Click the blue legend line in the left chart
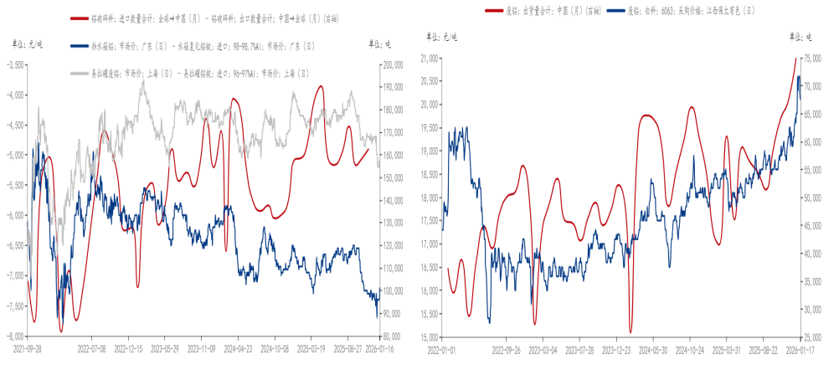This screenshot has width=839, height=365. (x=80, y=47)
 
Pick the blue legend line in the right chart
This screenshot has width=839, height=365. (x=615, y=10)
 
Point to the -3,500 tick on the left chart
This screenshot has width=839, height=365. (x=15, y=64)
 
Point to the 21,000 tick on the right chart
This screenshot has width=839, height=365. (x=430, y=58)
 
